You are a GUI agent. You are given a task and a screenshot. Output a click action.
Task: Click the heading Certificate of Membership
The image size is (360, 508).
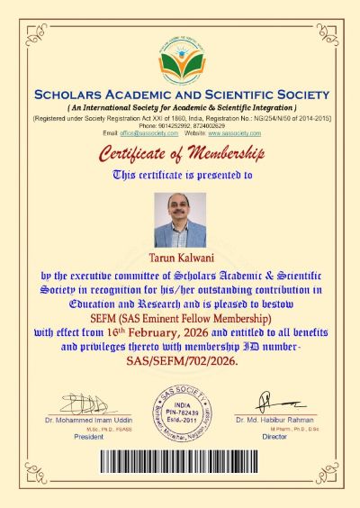coord(180,150)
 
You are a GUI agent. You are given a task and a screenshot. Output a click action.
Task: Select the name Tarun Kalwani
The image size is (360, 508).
coord(180,258)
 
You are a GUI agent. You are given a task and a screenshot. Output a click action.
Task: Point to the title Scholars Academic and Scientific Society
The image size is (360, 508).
coord(180,95)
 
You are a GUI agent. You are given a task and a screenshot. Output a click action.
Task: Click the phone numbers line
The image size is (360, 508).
coord(180,126)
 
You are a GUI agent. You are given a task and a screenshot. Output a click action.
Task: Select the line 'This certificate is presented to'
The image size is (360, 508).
coord(180,174)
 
